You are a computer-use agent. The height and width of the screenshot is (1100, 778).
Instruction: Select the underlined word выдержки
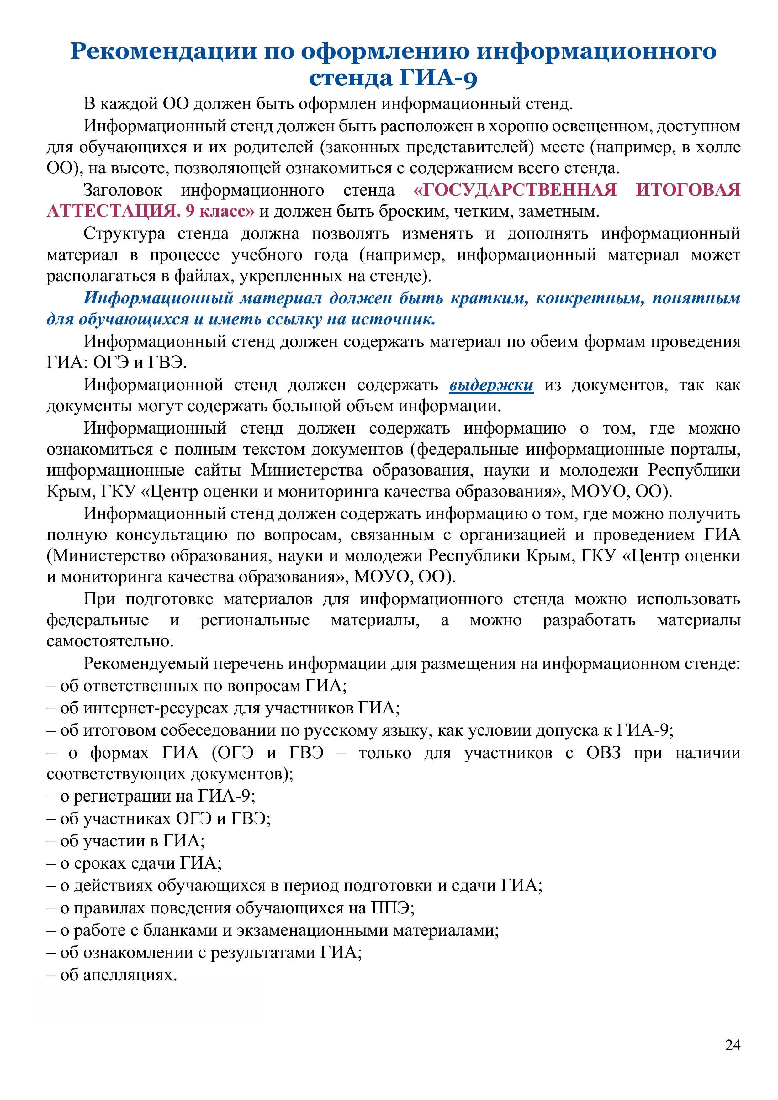click(491, 385)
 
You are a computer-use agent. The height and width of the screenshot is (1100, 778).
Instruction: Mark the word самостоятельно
click(110, 641)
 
